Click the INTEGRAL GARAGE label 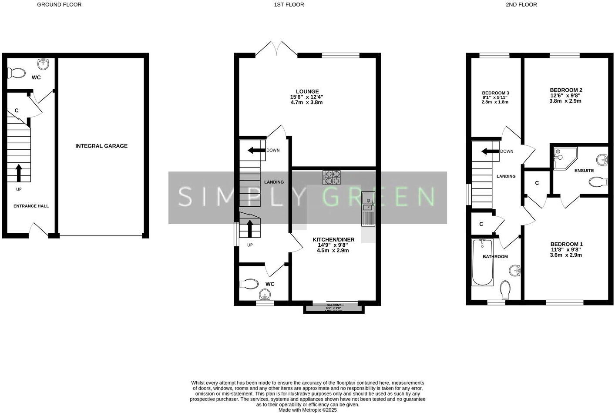tap(101, 146)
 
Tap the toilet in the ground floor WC tap(17, 73)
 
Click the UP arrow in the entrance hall tap(19, 173)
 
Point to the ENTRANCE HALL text tap(31, 206)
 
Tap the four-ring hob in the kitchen tap(331, 178)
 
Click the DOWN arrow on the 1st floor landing tap(256, 151)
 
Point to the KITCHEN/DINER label tap(333, 239)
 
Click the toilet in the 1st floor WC tap(249, 284)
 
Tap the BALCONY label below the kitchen tap(334, 306)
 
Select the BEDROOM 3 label tap(495, 93)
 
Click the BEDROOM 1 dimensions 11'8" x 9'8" tap(566, 250)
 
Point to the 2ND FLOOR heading tap(521, 5)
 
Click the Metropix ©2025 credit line tap(307, 410)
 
